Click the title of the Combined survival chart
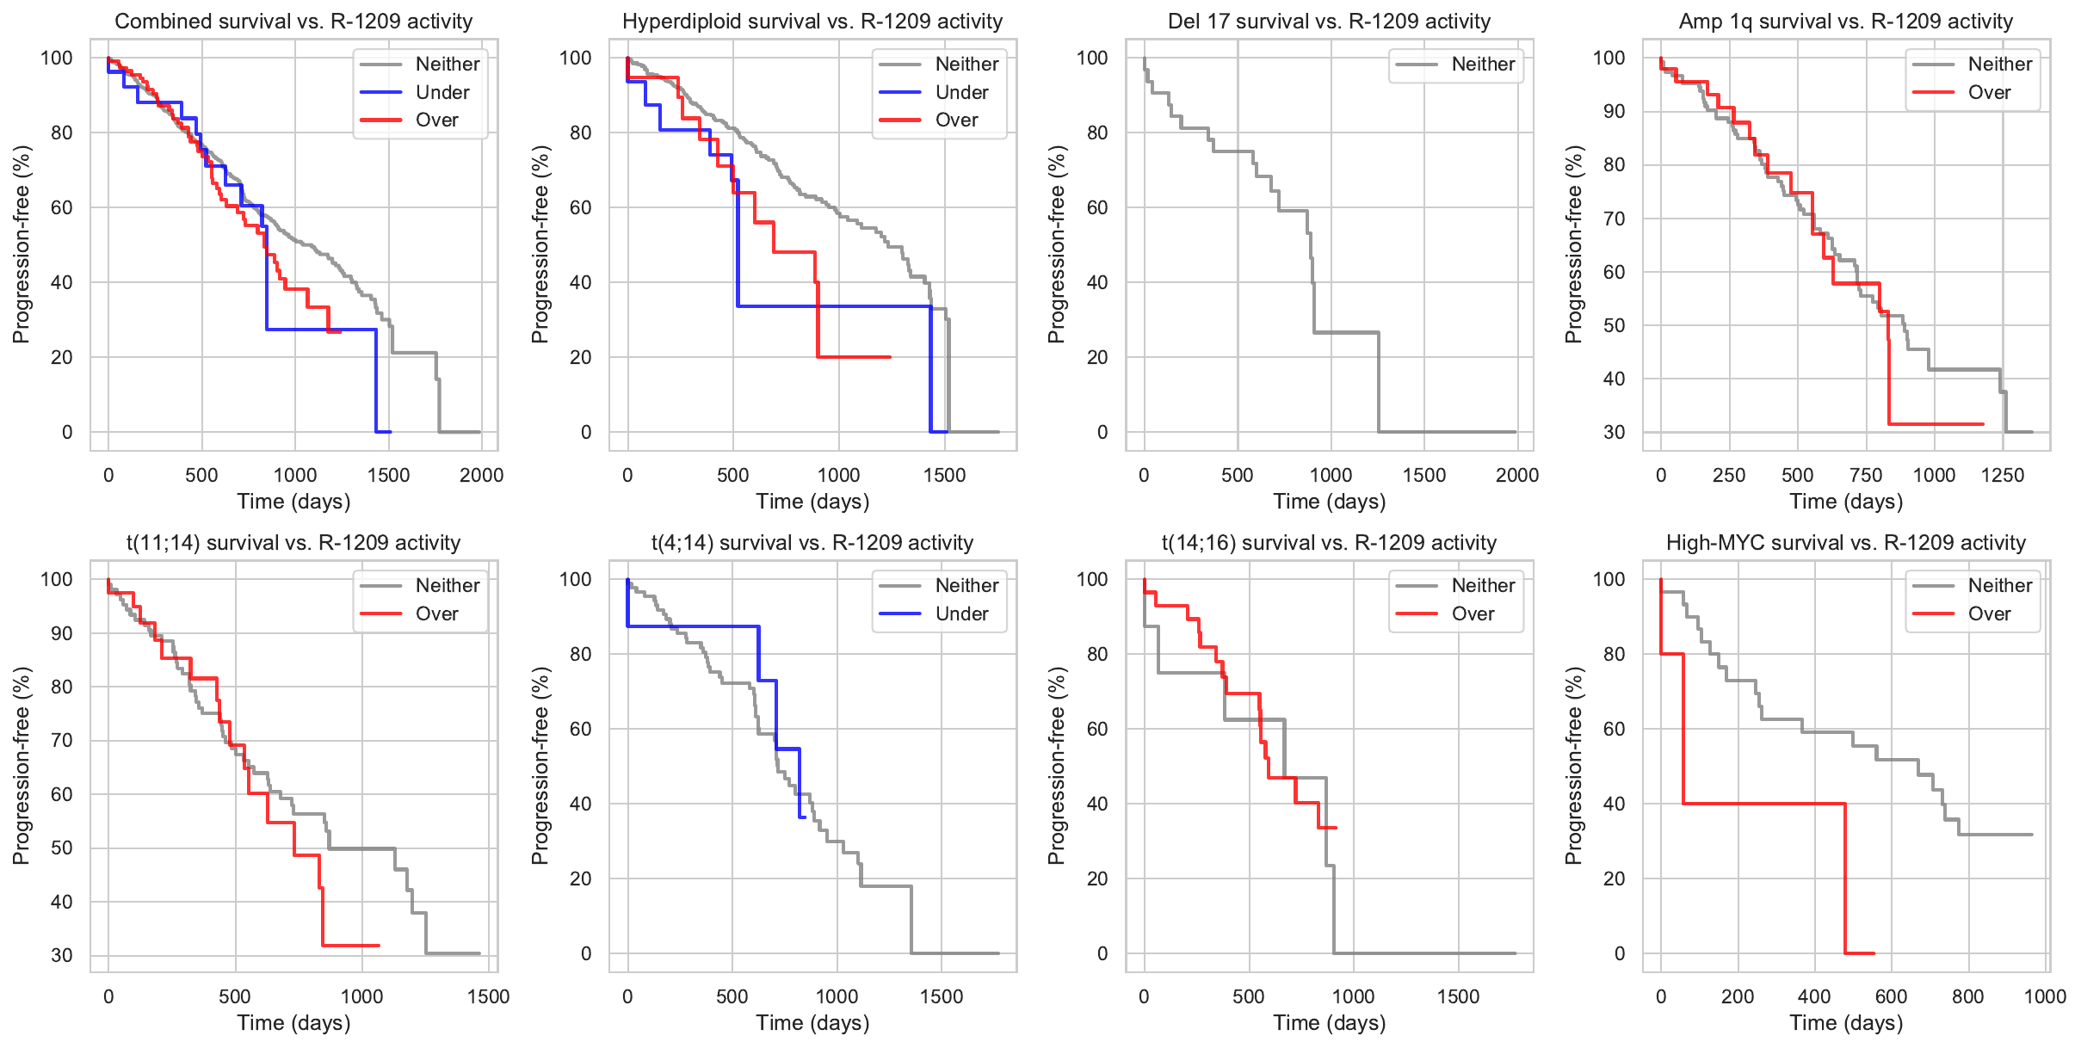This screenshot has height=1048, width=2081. click(293, 22)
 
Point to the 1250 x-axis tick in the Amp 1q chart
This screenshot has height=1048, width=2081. click(2003, 475)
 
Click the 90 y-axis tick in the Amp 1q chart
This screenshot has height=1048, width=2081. click(1609, 111)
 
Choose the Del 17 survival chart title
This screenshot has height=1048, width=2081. click(1329, 22)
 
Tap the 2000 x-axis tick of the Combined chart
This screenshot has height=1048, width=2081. click(481, 475)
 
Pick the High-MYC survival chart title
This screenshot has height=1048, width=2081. click(1846, 543)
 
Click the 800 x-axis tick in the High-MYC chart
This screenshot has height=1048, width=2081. click(1967, 996)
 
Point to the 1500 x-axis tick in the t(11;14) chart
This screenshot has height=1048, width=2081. click(489, 996)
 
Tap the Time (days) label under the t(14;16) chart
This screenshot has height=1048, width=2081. click(1329, 1023)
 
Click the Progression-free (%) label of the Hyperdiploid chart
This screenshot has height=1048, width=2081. click(540, 244)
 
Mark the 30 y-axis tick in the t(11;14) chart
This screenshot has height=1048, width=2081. click(62, 955)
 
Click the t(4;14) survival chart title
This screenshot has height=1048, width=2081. click(812, 543)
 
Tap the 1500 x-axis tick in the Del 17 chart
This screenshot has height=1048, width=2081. click(1424, 475)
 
